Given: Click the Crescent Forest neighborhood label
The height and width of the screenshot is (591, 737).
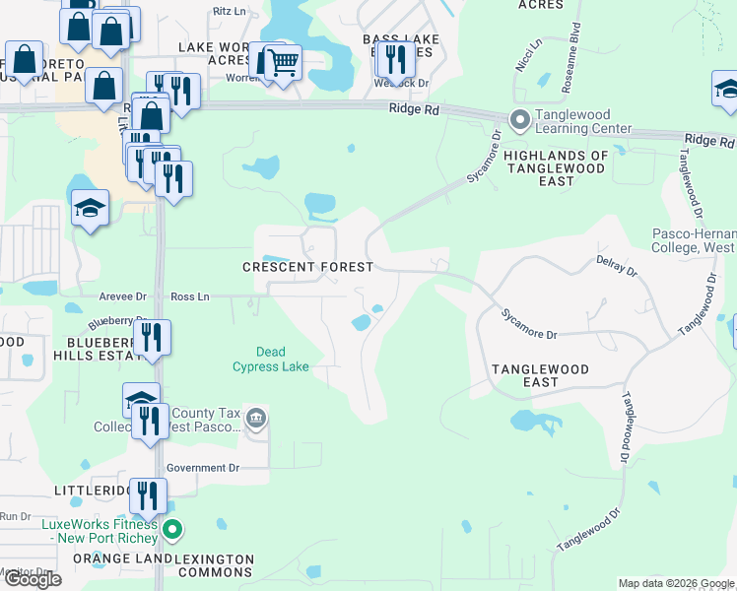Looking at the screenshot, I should (x=308, y=267).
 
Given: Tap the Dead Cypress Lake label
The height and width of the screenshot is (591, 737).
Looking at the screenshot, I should (x=271, y=359).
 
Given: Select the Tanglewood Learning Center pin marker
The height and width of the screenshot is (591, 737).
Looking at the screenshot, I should (x=519, y=120).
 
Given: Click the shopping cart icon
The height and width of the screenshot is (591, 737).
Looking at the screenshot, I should (x=283, y=63).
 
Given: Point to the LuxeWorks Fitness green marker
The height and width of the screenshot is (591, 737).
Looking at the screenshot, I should (x=172, y=532).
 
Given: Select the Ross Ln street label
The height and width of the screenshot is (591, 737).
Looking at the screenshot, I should (x=189, y=296).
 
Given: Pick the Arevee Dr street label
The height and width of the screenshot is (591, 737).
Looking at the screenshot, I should (x=120, y=296).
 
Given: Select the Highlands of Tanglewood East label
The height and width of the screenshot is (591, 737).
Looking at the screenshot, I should (x=556, y=163).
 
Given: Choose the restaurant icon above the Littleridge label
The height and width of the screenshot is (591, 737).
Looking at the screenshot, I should (x=147, y=495).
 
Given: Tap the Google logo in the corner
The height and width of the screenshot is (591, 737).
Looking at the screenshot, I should (x=33, y=579).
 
